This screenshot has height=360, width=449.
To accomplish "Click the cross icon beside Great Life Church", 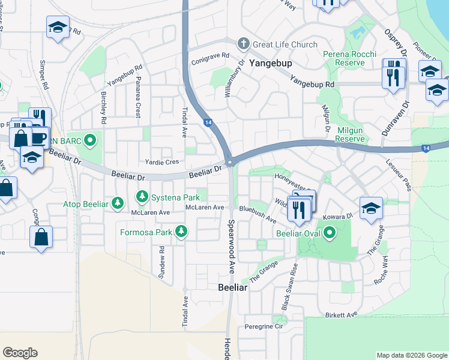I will coord(243,43).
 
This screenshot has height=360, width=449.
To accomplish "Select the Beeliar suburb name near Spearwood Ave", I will coord(233,287).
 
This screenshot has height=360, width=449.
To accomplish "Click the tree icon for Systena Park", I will coord(142,196).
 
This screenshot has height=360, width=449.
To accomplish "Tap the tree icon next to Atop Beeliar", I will coord(118,204).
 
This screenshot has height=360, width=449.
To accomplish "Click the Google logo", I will coord(20,352).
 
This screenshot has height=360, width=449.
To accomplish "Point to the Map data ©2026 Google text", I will coord(411,355).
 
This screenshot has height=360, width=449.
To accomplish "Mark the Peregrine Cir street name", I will coord(263,326).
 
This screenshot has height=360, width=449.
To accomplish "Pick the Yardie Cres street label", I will coord(162,162).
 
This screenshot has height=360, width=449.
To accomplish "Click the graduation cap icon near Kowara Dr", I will coord(371,208).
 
